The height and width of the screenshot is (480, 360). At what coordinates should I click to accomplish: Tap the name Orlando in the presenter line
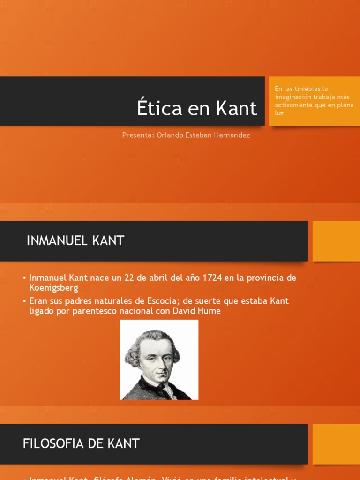[170, 135]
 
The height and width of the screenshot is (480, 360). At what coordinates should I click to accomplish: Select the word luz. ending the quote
[280, 113]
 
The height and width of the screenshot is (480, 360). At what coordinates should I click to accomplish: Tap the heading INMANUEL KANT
[75, 241]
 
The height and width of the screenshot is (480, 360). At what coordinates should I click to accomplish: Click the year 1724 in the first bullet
[211, 277]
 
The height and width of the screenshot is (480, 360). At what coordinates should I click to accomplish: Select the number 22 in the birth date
[130, 277]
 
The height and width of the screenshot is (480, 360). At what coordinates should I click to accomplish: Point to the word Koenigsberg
[53, 288]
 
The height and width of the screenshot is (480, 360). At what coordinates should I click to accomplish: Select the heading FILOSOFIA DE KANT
[81, 443]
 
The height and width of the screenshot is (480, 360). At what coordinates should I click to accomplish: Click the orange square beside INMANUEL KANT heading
[336, 241]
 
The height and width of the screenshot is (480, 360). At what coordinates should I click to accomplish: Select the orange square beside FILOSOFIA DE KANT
[336, 443]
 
